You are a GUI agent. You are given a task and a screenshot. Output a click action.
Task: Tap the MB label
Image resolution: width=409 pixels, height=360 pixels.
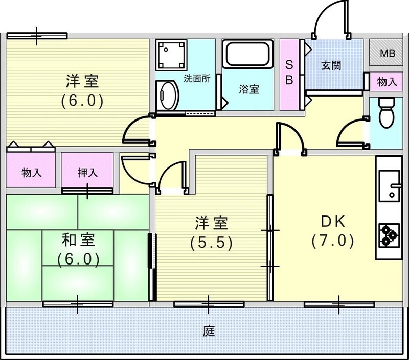point(387,53)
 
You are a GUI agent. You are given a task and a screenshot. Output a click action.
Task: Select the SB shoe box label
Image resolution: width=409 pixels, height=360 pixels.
point(289,73)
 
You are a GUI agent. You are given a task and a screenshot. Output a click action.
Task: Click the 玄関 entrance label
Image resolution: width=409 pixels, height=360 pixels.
point(331,66)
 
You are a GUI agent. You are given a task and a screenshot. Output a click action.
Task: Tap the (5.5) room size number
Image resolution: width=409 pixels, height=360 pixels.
point(211,243)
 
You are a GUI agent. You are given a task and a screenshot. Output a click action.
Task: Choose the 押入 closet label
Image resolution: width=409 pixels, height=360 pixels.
point(87,173)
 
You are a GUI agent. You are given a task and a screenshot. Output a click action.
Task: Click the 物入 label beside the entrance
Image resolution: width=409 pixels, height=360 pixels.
point(387,81)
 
